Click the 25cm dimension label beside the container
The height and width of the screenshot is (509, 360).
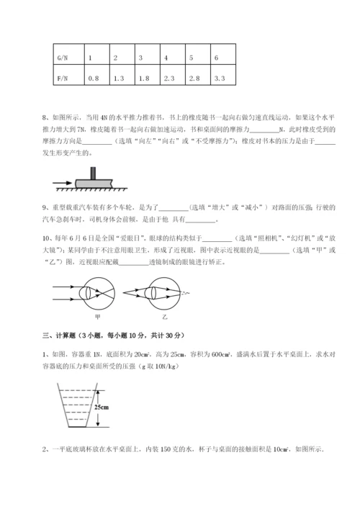click(102, 406)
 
